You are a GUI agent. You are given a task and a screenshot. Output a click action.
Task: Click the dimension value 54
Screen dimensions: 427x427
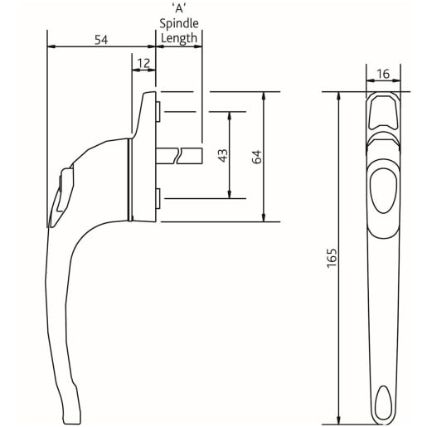102,40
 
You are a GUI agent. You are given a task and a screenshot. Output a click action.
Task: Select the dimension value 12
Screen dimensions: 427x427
143,63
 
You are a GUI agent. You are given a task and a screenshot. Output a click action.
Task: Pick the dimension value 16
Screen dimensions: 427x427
383,75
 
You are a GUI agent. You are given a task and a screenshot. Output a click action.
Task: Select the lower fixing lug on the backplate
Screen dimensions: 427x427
158,197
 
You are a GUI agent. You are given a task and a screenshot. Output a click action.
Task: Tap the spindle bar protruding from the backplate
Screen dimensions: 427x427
178,155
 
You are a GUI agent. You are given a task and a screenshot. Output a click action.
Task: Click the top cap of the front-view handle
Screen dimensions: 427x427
382,109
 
